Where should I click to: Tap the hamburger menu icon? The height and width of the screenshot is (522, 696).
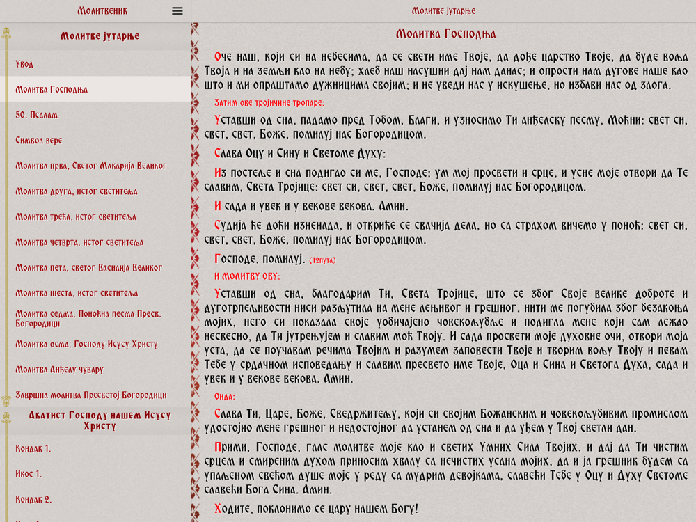point(177,11)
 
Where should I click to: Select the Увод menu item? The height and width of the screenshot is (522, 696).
point(25,64)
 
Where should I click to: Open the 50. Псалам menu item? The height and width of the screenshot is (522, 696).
point(37,115)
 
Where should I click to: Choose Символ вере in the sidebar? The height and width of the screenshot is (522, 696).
point(39,141)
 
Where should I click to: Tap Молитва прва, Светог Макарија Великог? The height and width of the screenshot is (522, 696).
point(91,166)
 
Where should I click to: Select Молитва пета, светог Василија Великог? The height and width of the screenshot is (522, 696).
point(88,267)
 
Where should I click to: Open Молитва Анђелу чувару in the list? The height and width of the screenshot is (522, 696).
point(59,370)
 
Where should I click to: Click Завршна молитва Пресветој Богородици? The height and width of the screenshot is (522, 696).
point(91,395)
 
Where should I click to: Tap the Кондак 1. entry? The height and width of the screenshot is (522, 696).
point(33,448)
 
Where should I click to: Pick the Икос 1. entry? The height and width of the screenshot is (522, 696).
point(29,474)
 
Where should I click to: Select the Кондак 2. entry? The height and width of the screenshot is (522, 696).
point(33,499)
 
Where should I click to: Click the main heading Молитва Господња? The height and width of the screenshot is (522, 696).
point(445,34)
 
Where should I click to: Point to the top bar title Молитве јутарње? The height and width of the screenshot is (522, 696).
point(443,11)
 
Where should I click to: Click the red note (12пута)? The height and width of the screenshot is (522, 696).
point(322,260)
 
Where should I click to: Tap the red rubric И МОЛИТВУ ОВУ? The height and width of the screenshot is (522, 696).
point(246,276)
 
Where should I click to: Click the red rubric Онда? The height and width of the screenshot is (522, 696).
point(225,397)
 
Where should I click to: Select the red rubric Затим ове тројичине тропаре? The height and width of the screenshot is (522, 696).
point(269,103)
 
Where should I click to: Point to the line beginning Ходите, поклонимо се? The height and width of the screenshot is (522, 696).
point(317,509)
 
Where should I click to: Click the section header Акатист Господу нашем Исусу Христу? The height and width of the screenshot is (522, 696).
point(100,420)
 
